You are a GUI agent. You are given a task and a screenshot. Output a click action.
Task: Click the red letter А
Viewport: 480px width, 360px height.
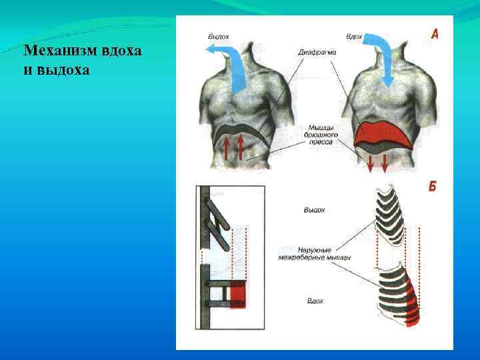click(x=434, y=33)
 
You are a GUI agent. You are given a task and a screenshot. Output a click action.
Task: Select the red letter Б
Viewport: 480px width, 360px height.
click(x=432, y=187)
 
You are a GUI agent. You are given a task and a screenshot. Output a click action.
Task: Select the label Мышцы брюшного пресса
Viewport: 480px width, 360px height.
click(x=323, y=133)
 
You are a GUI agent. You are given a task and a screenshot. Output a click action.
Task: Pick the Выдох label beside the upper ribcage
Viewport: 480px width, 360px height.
click(x=314, y=210)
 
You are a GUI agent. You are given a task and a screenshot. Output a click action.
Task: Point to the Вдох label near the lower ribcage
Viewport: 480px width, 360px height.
click(x=315, y=301)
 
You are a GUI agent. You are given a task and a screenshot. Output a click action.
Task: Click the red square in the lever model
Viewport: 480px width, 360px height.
click(x=238, y=295)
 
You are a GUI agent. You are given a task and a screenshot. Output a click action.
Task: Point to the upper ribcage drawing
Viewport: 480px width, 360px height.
click(x=390, y=217)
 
